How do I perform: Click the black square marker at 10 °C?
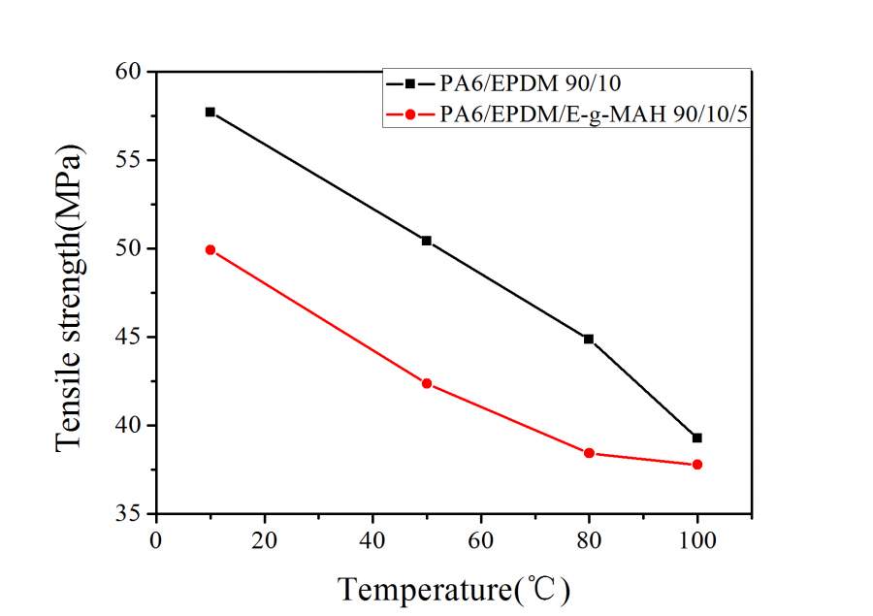[210, 112]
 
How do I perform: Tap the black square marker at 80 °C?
[589, 339]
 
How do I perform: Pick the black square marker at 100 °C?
[696, 438]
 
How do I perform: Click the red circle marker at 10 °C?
[210, 249]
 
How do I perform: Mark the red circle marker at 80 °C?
[589, 453]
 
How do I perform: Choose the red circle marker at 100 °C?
[696, 465]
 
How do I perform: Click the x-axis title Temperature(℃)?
[454, 588]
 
